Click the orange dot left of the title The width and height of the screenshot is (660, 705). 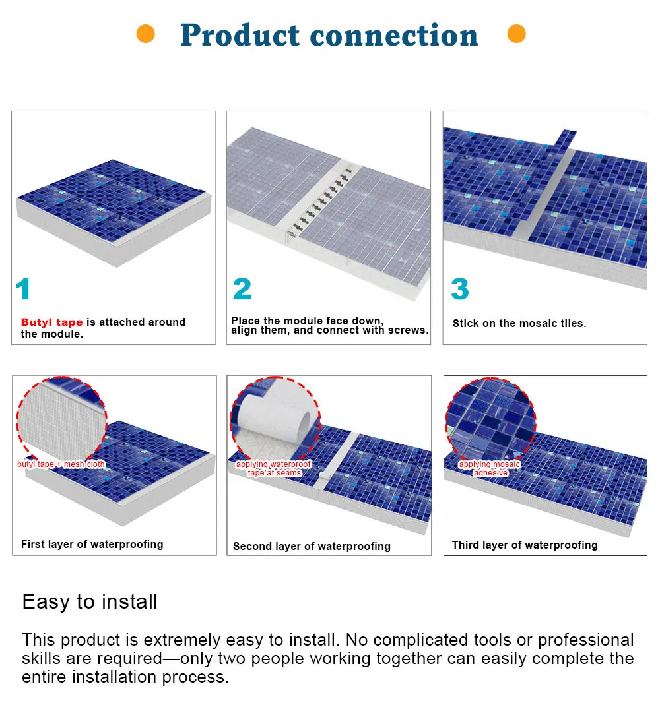click(x=146, y=34)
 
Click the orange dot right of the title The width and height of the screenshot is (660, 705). click(x=517, y=34)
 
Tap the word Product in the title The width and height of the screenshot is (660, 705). click(x=240, y=35)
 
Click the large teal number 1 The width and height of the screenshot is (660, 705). click(x=23, y=289)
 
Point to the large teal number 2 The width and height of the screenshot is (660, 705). click(x=242, y=289)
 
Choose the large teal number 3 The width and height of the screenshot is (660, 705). click(x=460, y=289)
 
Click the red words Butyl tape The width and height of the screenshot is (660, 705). click(x=51, y=322)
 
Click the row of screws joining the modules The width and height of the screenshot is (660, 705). click(x=319, y=202)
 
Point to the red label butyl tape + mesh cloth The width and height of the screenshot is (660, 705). click(x=61, y=464)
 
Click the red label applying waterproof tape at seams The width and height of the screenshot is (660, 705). click(x=273, y=468)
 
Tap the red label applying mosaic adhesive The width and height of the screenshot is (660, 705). click(x=490, y=468)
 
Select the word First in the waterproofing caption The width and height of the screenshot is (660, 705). click(x=32, y=544)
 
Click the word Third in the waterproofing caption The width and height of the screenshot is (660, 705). click(x=466, y=545)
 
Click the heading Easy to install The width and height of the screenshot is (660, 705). click(x=90, y=601)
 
